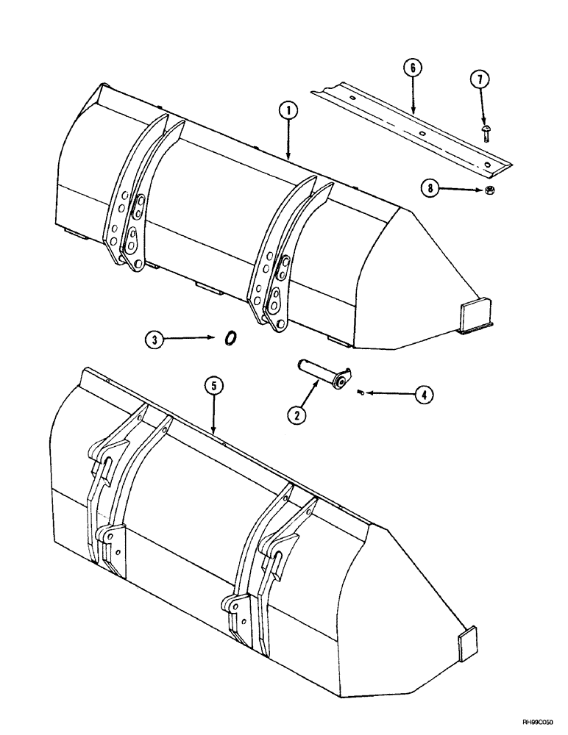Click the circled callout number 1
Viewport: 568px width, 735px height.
[x=289, y=112]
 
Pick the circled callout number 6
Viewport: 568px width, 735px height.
[x=413, y=68]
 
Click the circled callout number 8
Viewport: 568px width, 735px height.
[x=427, y=189]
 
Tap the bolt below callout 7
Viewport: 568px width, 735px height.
[x=486, y=133]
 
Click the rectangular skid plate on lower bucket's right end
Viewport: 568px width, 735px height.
[x=469, y=648]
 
